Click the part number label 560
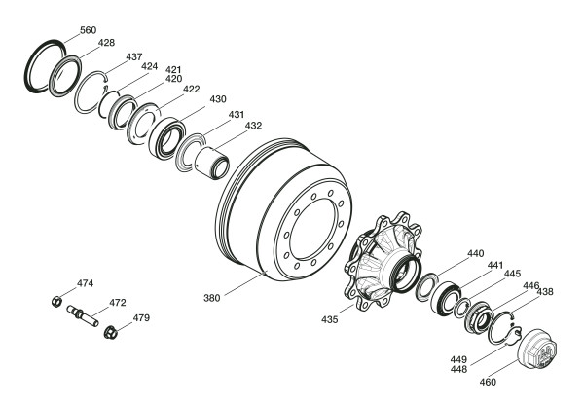(89, 30)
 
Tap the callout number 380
(212, 298)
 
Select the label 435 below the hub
(330, 319)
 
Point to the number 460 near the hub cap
(488, 382)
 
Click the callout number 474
(86, 283)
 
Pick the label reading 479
(141, 318)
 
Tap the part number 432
(253, 126)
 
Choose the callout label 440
(476, 254)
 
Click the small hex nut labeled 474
(55, 301)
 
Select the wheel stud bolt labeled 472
(83, 315)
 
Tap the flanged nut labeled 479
(111, 332)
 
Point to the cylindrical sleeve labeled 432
(211, 163)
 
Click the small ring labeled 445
(461, 308)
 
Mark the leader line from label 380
(243, 284)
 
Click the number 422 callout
(192, 90)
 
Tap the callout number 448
(458, 369)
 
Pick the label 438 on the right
(545, 292)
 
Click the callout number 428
(106, 43)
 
